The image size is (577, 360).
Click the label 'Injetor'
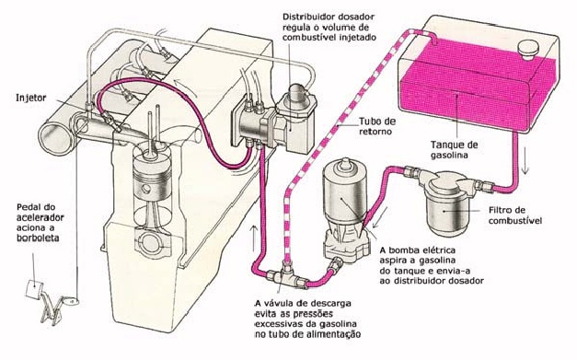point(31,98)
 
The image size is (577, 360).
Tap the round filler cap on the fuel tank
point(528,50)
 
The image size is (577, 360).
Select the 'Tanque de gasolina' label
point(454,149)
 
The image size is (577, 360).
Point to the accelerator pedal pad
point(35,288)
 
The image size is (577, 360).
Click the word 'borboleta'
point(38,238)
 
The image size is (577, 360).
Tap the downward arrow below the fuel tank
point(525,161)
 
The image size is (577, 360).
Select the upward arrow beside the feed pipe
point(254,238)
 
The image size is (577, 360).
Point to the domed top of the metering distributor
point(297,92)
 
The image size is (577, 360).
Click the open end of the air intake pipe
point(55,139)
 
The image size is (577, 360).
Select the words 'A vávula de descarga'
point(303,303)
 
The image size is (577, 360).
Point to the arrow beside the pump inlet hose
point(380,217)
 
